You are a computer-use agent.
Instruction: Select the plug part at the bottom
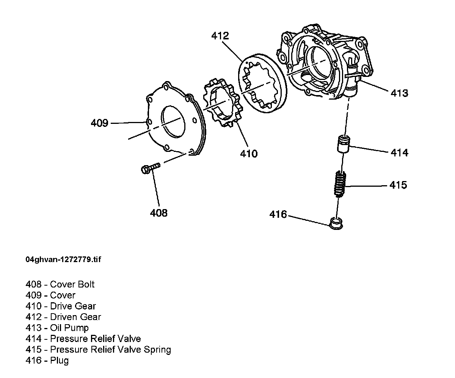[336, 223]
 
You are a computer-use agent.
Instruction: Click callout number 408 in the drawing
[158, 213]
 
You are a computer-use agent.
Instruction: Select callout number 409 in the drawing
[100, 123]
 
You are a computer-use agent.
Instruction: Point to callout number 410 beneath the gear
[249, 154]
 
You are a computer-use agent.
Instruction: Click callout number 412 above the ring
[220, 36]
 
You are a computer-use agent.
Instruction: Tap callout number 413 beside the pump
[399, 93]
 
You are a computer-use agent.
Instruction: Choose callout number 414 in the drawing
[399, 153]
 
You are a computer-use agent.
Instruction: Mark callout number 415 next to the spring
[398, 185]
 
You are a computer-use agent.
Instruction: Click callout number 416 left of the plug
[278, 214]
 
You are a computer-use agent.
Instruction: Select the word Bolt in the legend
[85, 284]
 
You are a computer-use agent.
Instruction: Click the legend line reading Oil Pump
[57, 328]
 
